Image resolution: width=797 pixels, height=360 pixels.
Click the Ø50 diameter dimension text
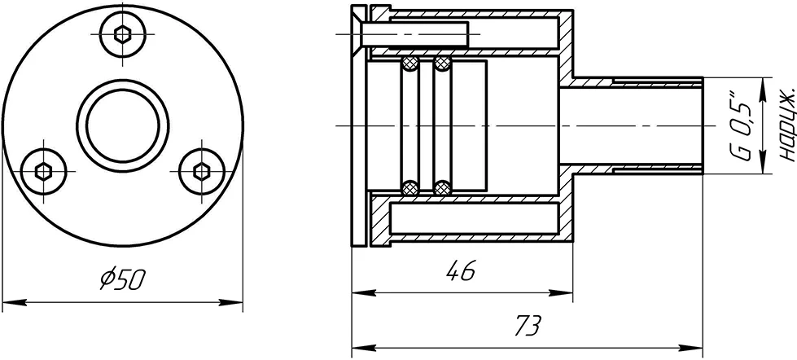(x=123, y=279)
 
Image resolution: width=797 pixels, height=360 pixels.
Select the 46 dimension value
(x=461, y=270)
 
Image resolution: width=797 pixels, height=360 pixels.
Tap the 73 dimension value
(x=528, y=326)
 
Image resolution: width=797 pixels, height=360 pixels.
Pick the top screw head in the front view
(x=122, y=34)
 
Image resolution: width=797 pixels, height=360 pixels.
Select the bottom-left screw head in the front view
(x=44, y=171)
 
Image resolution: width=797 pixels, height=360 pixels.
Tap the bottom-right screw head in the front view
(x=202, y=171)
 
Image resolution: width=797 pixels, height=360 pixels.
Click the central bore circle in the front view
(x=122, y=125)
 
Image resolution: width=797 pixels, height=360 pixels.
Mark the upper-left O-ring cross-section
(x=409, y=64)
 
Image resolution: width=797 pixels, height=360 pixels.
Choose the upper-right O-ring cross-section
(x=443, y=64)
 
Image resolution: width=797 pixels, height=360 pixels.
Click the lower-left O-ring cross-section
(x=409, y=188)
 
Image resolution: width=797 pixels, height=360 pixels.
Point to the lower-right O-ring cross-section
(x=443, y=188)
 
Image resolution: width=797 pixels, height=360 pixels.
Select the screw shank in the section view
(x=414, y=34)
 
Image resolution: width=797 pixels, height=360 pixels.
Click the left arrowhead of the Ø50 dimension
(x=14, y=303)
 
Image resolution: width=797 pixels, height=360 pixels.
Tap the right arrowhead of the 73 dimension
(x=691, y=349)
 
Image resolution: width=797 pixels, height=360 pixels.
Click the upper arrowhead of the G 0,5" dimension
(x=763, y=90)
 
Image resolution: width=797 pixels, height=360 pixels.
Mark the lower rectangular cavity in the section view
(x=475, y=218)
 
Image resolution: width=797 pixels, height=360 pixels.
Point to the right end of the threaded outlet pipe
(x=703, y=125)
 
